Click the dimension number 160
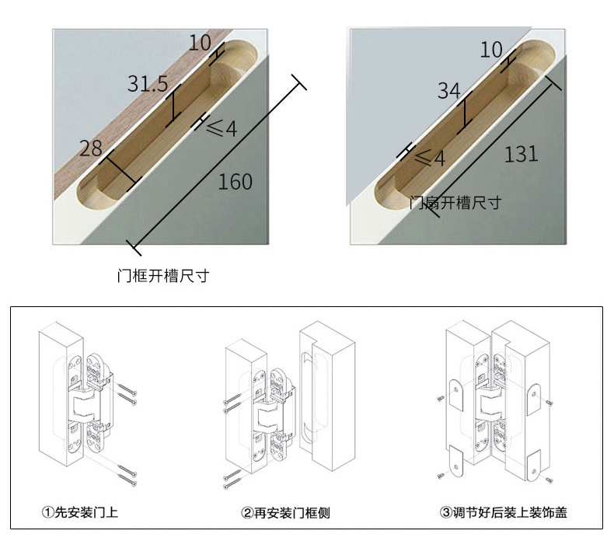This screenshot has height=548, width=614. coord(235,182)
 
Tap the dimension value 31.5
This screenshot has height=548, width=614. coord(147,84)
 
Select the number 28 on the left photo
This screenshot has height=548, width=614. coord(91,148)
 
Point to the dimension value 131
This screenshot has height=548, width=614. coord(521,154)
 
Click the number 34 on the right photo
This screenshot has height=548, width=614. coord(448,91)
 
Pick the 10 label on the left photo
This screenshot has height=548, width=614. coord(200,44)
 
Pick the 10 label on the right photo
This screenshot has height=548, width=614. coord(491,51)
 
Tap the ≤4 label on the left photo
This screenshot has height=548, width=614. coord(222,129)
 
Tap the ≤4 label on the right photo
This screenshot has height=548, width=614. coord(429,159)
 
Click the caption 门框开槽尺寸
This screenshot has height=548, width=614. coord(162,276)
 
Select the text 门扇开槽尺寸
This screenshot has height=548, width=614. coord(455,203)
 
